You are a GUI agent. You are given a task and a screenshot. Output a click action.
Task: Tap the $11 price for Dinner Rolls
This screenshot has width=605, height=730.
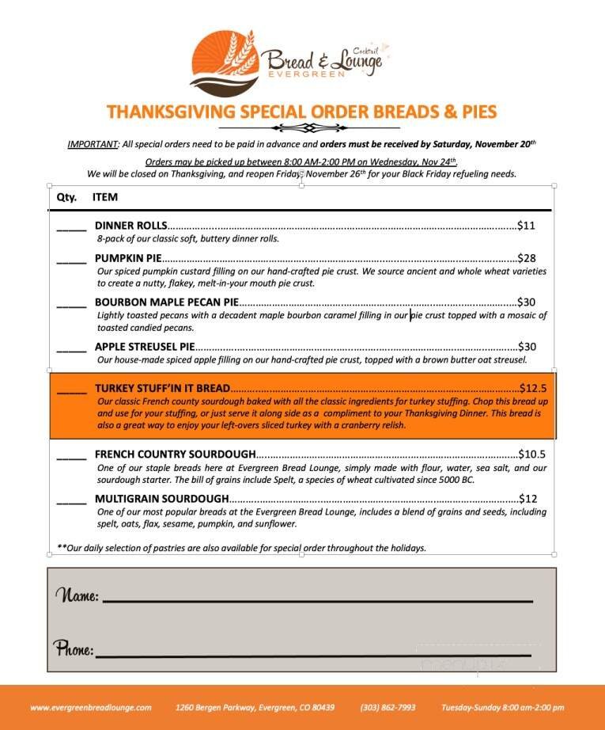pyautogui.click(x=526, y=226)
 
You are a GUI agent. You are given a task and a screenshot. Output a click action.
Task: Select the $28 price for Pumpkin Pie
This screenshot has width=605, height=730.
pyautogui.click(x=526, y=258)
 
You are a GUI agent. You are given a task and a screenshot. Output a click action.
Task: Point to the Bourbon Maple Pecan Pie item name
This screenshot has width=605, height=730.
pyautogui.click(x=166, y=302)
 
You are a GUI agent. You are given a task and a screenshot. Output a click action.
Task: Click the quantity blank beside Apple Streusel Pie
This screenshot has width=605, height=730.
pyautogui.click(x=71, y=348)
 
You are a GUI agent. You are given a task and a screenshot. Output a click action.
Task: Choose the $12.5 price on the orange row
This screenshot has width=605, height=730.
pyautogui.click(x=533, y=389)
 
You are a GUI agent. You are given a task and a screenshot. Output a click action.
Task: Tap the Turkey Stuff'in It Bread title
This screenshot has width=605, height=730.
pyautogui.click(x=162, y=389)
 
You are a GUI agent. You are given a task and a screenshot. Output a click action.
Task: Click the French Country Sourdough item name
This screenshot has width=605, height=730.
pyautogui.click(x=175, y=454)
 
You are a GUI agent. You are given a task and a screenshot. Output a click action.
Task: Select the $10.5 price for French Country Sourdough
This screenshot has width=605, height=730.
pyautogui.click(x=532, y=454)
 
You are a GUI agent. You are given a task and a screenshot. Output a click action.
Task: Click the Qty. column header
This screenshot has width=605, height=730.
pyautogui.click(x=66, y=197)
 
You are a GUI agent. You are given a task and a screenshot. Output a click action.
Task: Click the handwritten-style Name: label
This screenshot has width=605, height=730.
pyautogui.click(x=77, y=595)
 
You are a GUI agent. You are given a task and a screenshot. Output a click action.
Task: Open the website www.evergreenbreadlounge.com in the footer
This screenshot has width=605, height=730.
pyautogui.click(x=91, y=707)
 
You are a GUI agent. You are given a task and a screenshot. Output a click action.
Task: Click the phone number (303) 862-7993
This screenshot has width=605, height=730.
pyautogui.click(x=388, y=707)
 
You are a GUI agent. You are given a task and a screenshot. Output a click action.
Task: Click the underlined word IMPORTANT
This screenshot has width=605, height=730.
pyautogui.click(x=93, y=145)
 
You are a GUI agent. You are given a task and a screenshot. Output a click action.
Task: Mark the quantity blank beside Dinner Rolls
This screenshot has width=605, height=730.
pyautogui.click(x=71, y=227)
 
